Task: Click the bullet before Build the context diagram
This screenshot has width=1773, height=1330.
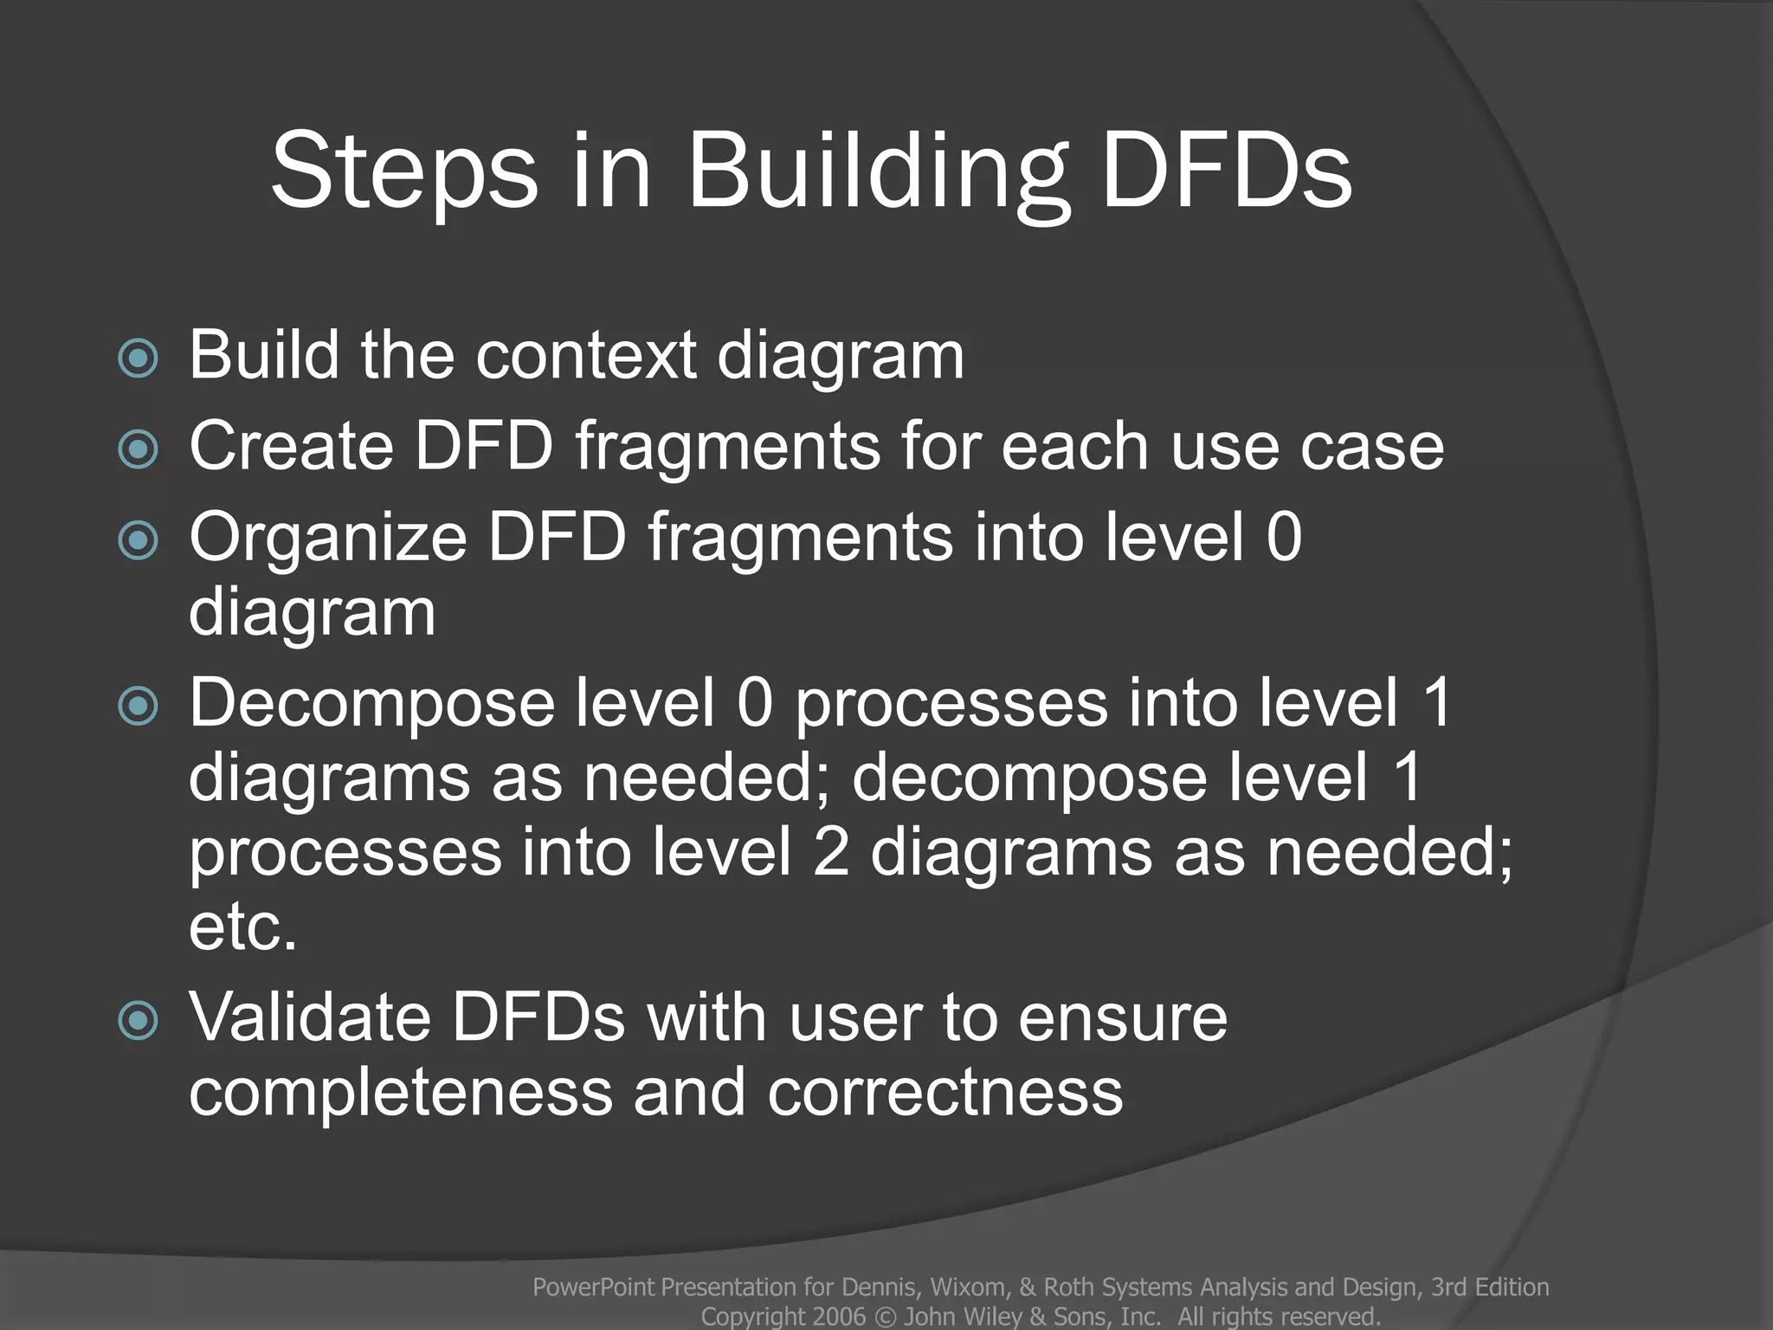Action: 138,358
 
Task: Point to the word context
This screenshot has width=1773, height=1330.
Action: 586,355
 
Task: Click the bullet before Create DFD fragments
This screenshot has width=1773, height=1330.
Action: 138,449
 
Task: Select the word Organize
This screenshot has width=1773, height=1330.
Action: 328,539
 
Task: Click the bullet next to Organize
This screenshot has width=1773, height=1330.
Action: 138,540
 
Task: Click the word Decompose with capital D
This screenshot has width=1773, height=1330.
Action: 371,704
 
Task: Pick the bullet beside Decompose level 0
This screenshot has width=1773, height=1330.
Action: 138,706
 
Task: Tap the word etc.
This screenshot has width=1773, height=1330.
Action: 242,927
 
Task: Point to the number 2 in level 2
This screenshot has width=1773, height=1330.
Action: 831,852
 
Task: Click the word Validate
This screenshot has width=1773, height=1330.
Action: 309,1017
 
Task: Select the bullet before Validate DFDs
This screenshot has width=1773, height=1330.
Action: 138,1020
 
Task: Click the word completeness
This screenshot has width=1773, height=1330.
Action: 400,1093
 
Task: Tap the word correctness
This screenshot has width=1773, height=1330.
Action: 945,1093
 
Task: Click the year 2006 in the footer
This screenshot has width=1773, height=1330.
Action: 839,1317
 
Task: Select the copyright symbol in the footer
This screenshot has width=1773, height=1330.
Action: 885,1317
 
